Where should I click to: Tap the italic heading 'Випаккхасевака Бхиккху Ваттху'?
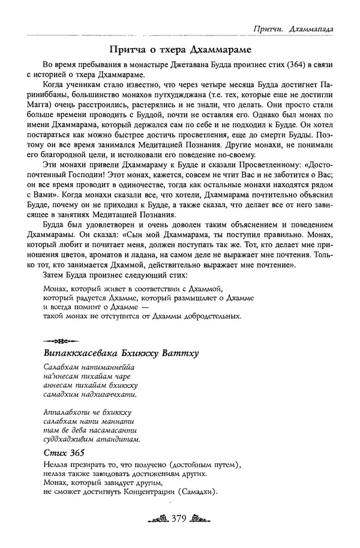(121, 351)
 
